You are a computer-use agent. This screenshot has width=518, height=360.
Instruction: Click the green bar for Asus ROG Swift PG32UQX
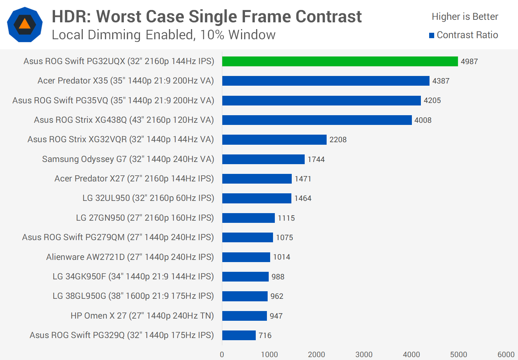pyautogui.click(x=340, y=61)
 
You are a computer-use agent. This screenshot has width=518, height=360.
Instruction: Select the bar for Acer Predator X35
pyautogui.click(x=326, y=81)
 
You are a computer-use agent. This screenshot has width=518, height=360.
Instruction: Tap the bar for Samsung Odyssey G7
pyautogui.click(x=263, y=159)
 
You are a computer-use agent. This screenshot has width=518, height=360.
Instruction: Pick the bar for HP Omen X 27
pyautogui.click(x=245, y=316)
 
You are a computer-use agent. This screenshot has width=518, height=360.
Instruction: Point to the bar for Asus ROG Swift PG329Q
pyautogui.click(x=239, y=335)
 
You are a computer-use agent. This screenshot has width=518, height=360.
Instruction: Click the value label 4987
pyautogui.click(x=469, y=62)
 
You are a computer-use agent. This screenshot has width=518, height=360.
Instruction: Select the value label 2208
pyautogui.click(x=338, y=140)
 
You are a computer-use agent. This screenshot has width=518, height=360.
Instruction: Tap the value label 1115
pyautogui.click(x=286, y=218)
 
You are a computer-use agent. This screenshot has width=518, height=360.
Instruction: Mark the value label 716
pyautogui.click(x=265, y=336)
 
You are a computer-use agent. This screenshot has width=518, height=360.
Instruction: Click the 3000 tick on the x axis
pyautogui.click(x=364, y=355)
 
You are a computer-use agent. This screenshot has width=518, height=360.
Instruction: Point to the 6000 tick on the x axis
pyautogui.click(x=506, y=355)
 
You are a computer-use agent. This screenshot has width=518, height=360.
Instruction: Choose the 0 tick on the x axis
pyautogui.click(x=222, y=355)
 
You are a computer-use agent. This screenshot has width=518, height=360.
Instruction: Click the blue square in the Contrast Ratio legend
pyautogui.click(x=432, y=35)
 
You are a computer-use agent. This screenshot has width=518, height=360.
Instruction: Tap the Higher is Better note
pyautogui.click(x=465, y=17)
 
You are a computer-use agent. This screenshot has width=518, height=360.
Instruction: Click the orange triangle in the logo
pyautogui.click(x=24, y=24)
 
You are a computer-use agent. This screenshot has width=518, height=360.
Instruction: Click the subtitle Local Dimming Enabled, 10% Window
pyautogui.click(x=164, y=35)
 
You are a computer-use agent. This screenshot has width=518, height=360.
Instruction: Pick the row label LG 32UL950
pyautogui.click(x=148, y=198)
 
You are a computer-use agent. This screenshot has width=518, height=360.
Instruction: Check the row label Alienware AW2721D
pyautogui.click(x=130, y=257)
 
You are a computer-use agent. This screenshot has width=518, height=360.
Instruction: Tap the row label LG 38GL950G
pyautogui.click(x=133, y=296)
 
